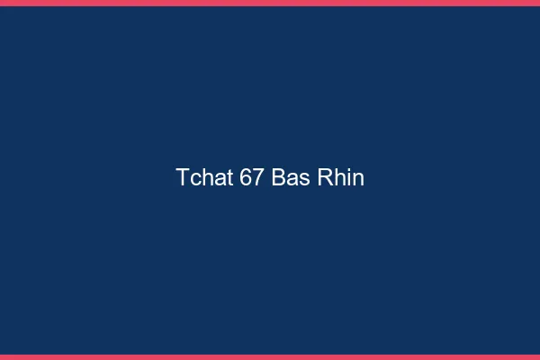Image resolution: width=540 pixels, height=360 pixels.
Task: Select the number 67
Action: (x=252, y=177)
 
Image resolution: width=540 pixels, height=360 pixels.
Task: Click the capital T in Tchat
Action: (x=183, y=177)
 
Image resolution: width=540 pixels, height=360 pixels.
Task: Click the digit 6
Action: (x=246, y=177)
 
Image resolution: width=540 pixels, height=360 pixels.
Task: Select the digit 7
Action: (x=258, y=177)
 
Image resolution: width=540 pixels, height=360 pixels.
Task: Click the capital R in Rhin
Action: (x=325, y=177)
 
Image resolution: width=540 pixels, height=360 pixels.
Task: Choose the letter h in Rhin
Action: (x=338, y=177)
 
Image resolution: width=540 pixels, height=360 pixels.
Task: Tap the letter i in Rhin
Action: (x=347, y=177)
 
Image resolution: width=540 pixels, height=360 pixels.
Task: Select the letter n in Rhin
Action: (x=357, y=179)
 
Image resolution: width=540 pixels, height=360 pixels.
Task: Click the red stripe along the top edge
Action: (x=270, y=3)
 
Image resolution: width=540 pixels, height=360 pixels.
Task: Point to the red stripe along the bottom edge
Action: (x=270, y=356)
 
